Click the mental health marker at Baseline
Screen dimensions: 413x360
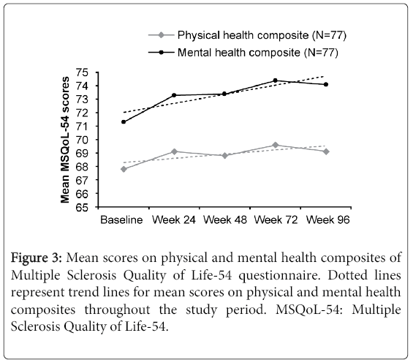click(124, 122)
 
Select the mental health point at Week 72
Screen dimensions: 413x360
click(276, 80)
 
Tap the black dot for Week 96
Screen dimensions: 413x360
click(326, 84)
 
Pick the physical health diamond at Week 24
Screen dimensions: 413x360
click(174, 151)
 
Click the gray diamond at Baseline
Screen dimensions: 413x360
click(124, 169)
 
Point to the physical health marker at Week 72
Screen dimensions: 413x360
click(276, 145)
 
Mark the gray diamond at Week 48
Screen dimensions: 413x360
click(224, 156)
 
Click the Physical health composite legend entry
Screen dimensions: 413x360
click(247, 35)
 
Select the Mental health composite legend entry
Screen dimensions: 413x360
click(243, 53)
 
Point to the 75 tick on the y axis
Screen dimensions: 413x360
click(82, 72)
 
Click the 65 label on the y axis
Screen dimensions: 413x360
click(82, 208)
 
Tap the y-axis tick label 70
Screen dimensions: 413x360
click(82, 140)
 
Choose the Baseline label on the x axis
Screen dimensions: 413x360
click(121, 220)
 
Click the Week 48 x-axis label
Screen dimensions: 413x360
click(225, 220)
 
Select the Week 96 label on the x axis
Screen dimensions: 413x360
click(328, 220)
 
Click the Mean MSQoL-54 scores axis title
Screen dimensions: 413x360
click(65, 140)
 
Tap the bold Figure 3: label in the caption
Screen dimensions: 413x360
click(37, 258)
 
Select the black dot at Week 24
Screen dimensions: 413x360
click(174, 95)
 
